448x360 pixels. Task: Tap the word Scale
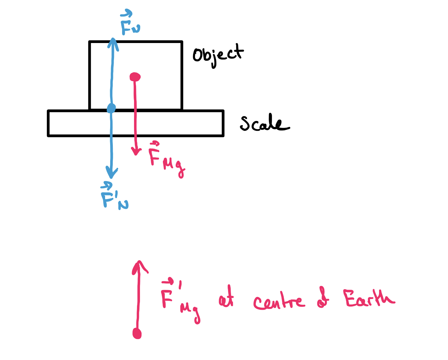pos(264,123)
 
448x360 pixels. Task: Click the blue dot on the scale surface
pos(111,108)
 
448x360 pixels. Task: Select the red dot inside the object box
pos(135,77)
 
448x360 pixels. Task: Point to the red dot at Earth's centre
pos(137,333)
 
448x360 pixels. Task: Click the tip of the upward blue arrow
pos(113,39)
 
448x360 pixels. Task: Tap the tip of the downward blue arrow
pos(111,177)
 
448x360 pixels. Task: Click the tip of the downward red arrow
pos(136,154)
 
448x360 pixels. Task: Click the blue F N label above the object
pos(130,23)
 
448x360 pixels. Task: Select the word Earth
pos(369,299)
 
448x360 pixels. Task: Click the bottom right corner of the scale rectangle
pos(223,136)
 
